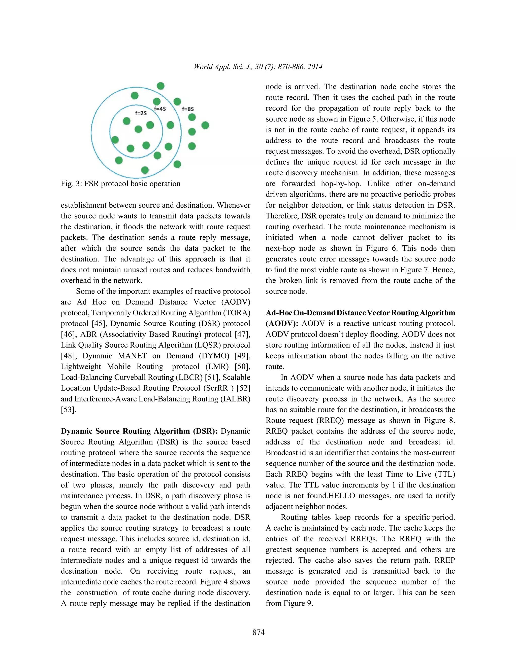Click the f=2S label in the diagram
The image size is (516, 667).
click(x=141, y=113)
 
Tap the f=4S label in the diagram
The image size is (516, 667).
click(x=160, y=109)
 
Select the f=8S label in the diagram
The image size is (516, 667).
click(x=188, y=109)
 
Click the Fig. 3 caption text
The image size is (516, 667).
click(x=120, y=183)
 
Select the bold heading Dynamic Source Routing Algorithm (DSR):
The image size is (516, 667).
click(x=139, y=431)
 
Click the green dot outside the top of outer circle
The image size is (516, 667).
click(x=160, y=86)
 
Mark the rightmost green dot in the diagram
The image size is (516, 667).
click(x=205, y=125)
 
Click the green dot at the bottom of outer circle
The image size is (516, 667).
click(x=145, y=170)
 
